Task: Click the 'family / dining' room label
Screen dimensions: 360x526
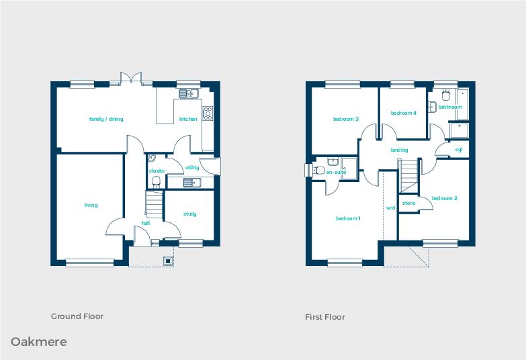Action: coord(106,119)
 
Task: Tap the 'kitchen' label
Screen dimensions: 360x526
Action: coord(188,119)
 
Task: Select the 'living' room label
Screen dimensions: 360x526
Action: coord(91,205)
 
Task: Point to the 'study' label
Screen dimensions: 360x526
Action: coord(190,214)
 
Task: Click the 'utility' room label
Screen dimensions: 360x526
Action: coord(192,167)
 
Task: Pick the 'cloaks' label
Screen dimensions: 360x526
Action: coord(157,171)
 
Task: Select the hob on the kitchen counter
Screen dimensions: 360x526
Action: coord(208,114)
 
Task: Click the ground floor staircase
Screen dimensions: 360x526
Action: coord(154,205)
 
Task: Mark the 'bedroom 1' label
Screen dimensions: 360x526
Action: coord(348,218)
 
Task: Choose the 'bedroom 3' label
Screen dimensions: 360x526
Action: coord(345,120)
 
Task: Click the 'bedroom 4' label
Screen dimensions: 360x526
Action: coord(404,113)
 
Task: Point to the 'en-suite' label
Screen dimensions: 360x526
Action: coord(335,172)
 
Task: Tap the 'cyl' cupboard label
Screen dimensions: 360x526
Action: coord(458,150)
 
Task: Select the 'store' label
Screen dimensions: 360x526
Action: coord(408,203)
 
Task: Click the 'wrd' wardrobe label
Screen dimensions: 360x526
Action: coord(390,208)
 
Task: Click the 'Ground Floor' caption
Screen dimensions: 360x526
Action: coord(77,316)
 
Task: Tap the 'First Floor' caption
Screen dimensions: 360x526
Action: coord(325,316)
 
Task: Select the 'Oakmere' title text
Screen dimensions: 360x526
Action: coord(38,342)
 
